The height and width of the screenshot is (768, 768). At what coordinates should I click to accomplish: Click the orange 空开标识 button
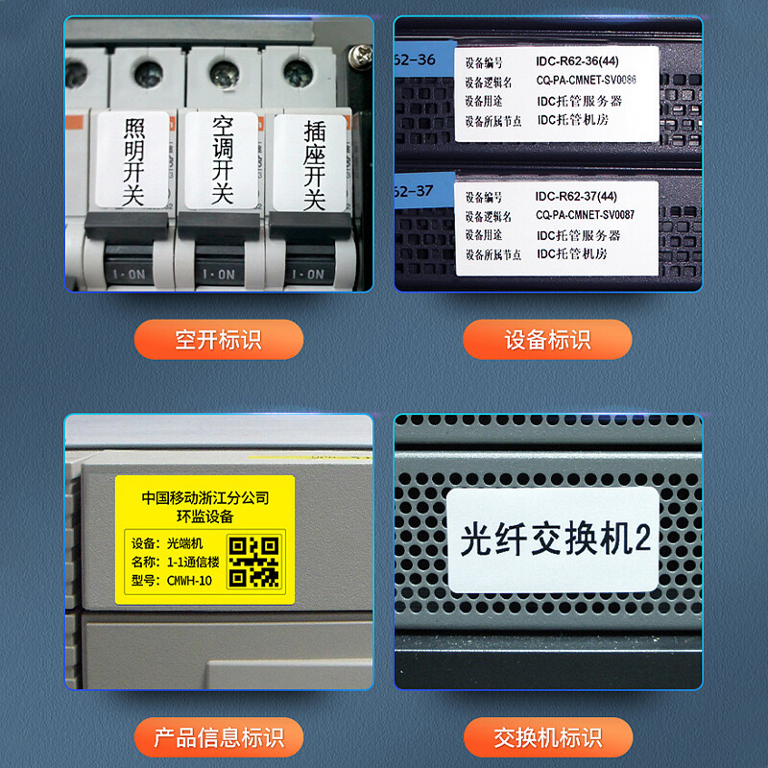[x=218, y=340]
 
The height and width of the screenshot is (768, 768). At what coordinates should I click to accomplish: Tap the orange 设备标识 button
[x=547, y=340]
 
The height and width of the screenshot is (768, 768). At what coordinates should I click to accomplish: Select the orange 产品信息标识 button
[x=218, y=738]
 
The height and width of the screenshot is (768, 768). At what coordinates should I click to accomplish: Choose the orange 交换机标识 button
[x=547, y=738]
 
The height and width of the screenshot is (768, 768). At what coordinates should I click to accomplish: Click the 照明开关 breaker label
[x=133, y=161]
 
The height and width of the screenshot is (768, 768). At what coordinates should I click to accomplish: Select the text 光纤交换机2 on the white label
[x=555, y=540]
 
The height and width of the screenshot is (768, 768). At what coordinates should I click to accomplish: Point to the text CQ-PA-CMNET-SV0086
[x=586, y=81]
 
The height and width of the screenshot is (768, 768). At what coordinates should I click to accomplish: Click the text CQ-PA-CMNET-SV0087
[x=586, y=215]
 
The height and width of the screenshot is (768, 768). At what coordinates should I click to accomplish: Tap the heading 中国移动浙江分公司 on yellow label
[x=204, y=498]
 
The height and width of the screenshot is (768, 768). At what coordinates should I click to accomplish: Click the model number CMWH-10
[x=189, y=580]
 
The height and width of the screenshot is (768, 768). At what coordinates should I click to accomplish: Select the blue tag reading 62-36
[x=415, y=60]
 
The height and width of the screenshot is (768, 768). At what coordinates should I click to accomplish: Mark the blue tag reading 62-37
[x=415, y=195]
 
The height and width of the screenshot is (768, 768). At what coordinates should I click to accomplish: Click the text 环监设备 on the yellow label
[x=204, y=516]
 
